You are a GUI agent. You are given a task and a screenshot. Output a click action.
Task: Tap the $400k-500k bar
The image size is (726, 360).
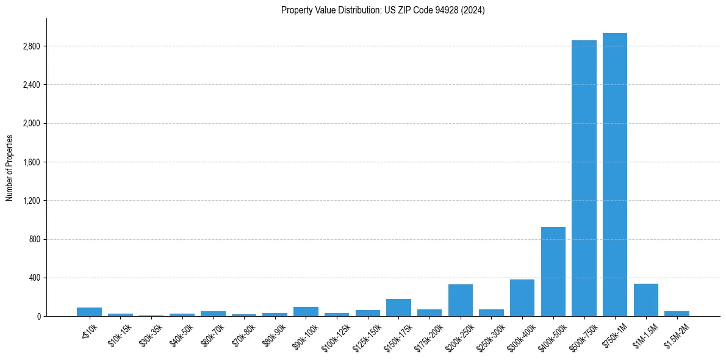(553, 272)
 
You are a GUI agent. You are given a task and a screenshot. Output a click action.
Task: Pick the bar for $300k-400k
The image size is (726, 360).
(522, 298)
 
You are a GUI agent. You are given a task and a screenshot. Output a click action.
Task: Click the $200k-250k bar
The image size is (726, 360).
(461, 300)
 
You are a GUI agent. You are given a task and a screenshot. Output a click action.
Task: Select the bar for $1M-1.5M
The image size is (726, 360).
(646, 300)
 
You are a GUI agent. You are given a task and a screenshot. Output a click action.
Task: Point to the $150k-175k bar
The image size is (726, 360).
(398, 308)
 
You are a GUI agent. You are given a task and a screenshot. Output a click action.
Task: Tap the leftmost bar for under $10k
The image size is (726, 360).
(89, 312)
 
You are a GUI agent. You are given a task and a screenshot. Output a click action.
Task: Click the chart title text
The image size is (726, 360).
(383, 10)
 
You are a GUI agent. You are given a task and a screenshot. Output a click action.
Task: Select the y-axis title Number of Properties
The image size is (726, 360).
(10, 168)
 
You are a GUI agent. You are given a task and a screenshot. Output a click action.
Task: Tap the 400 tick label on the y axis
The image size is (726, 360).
(34, 278)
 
